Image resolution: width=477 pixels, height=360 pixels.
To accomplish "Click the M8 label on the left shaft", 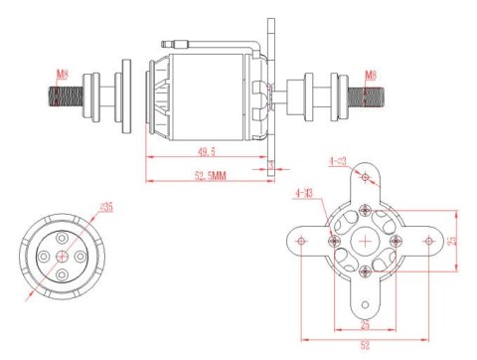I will tap(63, 73).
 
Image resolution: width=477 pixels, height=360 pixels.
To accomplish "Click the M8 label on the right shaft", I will tap(370, 74).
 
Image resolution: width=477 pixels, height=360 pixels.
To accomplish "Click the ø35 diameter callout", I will tap(106, 207).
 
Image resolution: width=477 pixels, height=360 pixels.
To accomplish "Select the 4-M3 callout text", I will tap(305, 193).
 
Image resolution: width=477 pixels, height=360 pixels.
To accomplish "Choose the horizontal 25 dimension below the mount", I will tap(364, 326).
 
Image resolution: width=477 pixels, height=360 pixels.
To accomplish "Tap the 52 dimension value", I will tap(368, 346).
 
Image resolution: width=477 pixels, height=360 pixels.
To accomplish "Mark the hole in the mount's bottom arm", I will tap(367, 303).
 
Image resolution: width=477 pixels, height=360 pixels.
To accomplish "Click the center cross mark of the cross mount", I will tap(367, 240).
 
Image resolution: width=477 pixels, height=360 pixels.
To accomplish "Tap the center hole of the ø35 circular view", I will tap(64, 254).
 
